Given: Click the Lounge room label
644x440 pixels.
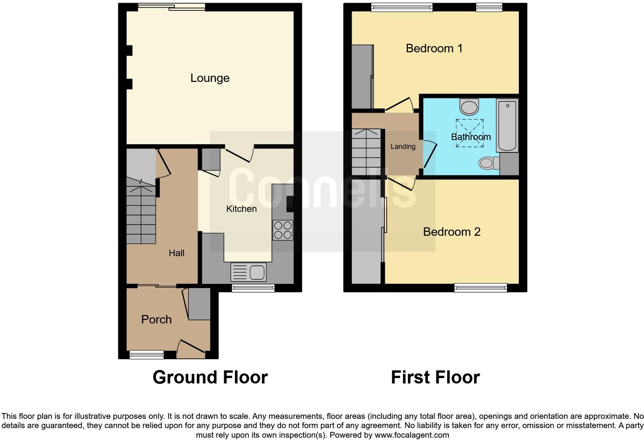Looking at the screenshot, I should click(x=210, y=78).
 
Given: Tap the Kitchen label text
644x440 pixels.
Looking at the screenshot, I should click(x=241, y=209).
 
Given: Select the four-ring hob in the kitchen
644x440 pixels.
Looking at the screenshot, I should click(x=283, y=230).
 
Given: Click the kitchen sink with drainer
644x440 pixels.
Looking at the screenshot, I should click(x=248, y=272).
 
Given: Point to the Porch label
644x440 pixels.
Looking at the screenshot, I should click(x=156, y=320).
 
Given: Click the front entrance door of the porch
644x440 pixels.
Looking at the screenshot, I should click(x=191, y=346).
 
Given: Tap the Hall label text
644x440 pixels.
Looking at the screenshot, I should click(x=176, y=253).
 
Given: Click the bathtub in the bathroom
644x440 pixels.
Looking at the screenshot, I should click(x=507, y=125).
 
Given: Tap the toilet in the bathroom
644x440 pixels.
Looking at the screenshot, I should click(x=488, y=163).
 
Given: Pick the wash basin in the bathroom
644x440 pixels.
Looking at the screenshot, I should click(x=469, y=107).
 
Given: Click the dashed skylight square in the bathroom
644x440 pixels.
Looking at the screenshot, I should click(x=470, y=133).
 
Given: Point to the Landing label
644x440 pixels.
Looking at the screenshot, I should click(x=403, y=147).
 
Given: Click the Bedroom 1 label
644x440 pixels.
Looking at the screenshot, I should click(x=434, y=48).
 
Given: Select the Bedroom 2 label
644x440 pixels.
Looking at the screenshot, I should click(x=451, y=232).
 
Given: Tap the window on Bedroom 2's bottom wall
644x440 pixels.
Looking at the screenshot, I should click(x=481, y=287).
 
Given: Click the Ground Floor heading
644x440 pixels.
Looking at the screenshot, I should click(x=210, y=377).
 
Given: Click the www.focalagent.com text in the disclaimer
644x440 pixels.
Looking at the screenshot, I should click(x=412, y=435).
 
